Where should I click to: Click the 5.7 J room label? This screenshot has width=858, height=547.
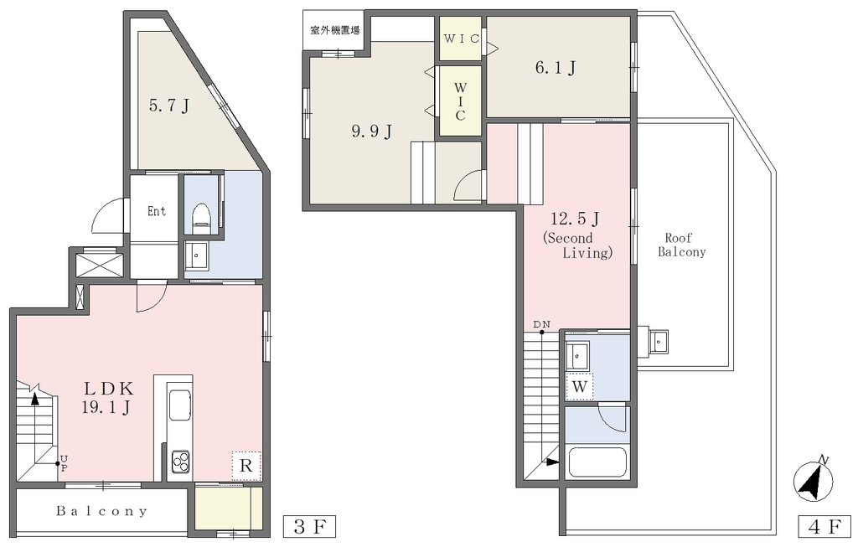tap(169, 105)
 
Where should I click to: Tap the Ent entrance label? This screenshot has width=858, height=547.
tap(157, 211)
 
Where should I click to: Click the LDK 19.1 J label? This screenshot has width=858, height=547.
tap(108, 398)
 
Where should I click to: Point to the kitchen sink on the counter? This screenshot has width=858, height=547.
tap(180, 405)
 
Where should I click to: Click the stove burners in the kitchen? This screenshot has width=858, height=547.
tap(181, 462)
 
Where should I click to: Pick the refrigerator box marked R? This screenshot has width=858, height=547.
tap(246, 466)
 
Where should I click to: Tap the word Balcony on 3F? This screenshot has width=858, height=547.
tap(101, 511)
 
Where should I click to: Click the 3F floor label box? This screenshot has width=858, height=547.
tap(309, 527)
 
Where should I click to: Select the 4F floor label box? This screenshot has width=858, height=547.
tap(824, 527)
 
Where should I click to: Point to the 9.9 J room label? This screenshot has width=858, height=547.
tap(371, 132)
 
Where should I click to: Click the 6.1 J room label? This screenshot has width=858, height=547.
tap(556, 68)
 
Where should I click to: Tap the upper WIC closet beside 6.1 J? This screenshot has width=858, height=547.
tap(462, 39)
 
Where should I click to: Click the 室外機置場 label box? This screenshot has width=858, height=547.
tap(334, 30)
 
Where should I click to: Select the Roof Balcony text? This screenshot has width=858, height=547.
tap(682, 245)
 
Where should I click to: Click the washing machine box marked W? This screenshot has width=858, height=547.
tap(580, 387)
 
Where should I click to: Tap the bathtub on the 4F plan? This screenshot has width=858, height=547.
tap(598, 462)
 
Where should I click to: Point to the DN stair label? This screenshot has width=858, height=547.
tap(542, 325)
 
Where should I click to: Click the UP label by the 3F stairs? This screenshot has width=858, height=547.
tap(64, 462)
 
